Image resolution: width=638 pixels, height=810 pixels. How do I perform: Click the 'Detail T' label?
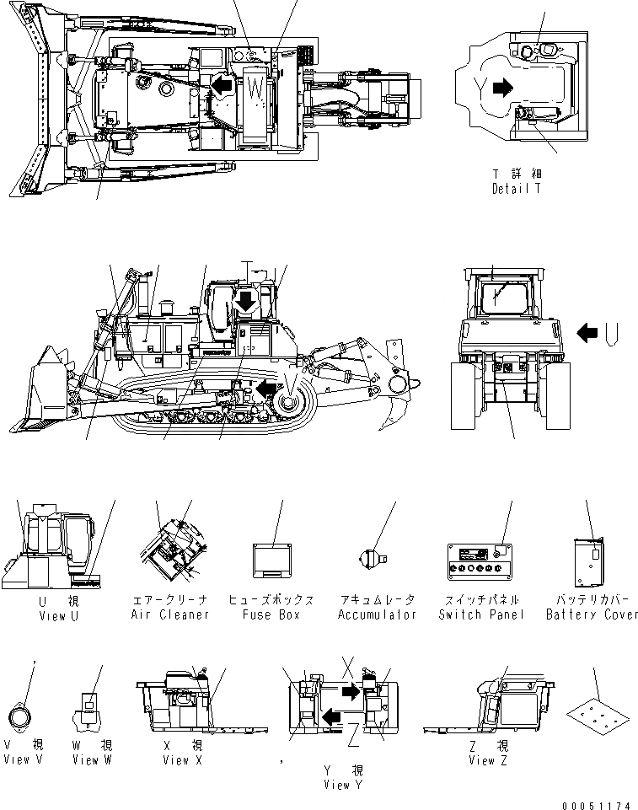pyautogui.click(x=516, y=189)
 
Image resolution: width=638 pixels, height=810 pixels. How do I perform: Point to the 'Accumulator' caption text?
pyautogui.click(x=378, y=614)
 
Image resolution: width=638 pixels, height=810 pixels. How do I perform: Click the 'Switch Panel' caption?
pyautogui.click(x=481, y=614)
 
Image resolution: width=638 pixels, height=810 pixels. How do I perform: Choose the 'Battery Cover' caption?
pyautogui.click(x=592, y=614)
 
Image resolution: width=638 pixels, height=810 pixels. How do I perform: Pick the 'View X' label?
pyautogui.click(x=176, y=760)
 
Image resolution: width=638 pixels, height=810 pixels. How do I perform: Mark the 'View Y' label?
pyautogui.click(x=343, y=785)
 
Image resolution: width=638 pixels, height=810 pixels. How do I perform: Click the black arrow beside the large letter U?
pyautogui.click(x=587, y=332)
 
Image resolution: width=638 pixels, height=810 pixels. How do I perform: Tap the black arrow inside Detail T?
pyautogui.click(x=503, y=86)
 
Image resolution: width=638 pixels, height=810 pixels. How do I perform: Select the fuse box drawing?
pyautogui.click(x=272, y=560)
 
